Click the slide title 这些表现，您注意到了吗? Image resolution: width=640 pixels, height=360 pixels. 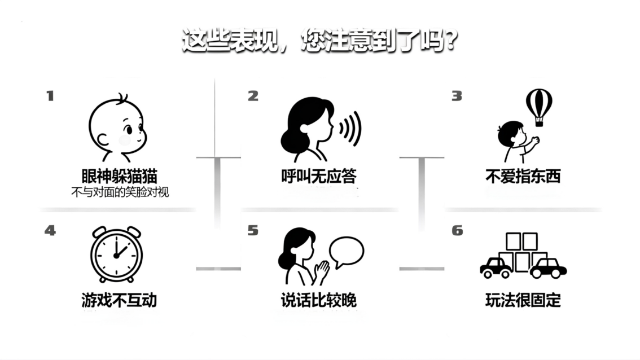click(x=319, y=41)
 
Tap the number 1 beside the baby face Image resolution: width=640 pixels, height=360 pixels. click(x=50, y=96)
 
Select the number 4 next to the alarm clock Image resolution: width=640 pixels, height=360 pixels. click(x=50, y=230)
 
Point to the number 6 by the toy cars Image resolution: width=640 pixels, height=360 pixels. click(x=457, y=230)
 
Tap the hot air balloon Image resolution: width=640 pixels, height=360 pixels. click(x=538, y=106)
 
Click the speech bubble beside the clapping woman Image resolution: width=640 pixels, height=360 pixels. click(x=347, y=252)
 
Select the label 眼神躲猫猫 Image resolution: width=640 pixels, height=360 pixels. click(x=119, y=175)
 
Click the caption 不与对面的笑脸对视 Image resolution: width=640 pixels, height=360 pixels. click(x=120, y=192)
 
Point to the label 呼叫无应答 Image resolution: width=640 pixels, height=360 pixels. click(x=319, y=176)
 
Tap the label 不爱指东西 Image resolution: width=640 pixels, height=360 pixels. click(x=523, y=176)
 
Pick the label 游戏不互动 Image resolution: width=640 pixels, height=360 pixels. click(x=119, y=300)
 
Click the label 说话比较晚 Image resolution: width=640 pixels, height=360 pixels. click(x=319, y=300)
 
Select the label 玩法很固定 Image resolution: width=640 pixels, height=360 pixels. click(x=523, y=300)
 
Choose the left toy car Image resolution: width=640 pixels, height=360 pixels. click(x=496, y=267)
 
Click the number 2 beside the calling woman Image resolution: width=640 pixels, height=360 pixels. click(x=253, y=96)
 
